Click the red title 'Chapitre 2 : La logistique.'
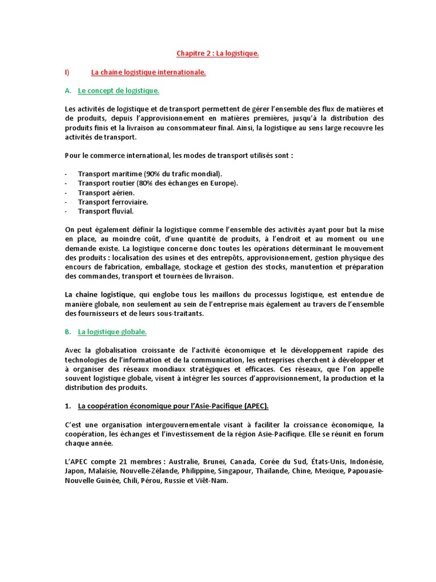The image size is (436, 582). click(217, 53)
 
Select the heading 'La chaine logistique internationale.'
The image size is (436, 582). click(148, 72)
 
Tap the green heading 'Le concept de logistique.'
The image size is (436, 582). click(118, 91)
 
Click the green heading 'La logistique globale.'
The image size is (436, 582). click(112, 332)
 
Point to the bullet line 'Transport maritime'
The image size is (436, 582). click(150, 174)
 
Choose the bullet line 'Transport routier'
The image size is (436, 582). click(158, 183)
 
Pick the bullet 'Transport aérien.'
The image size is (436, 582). click(106, 193)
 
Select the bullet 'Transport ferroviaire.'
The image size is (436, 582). click(113, 202)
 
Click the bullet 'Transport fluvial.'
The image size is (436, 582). click(106, 211)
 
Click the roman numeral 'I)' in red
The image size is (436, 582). click(67, 72)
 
